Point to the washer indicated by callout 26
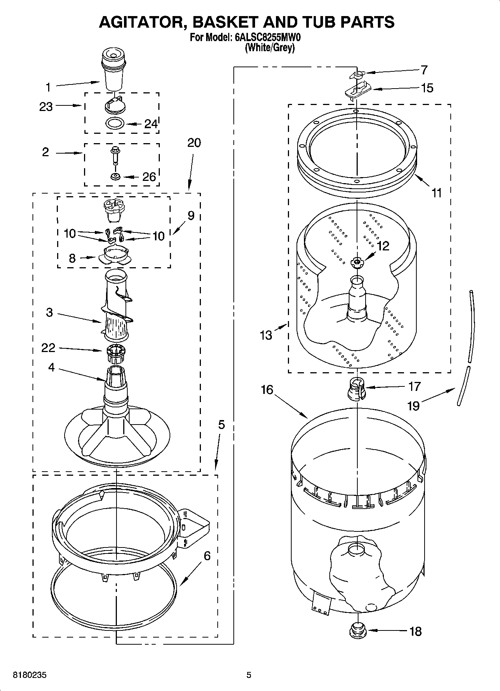(115, 176)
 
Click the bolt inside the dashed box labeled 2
(114, 155)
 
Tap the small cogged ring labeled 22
(115, 353)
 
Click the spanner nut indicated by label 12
(357, 263)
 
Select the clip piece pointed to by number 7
(357, 74)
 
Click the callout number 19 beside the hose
(413, 405)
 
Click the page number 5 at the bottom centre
(249, 675)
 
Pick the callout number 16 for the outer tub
(267, 390)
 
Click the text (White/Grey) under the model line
(270, 48)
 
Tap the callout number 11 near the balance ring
(437, 193)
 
